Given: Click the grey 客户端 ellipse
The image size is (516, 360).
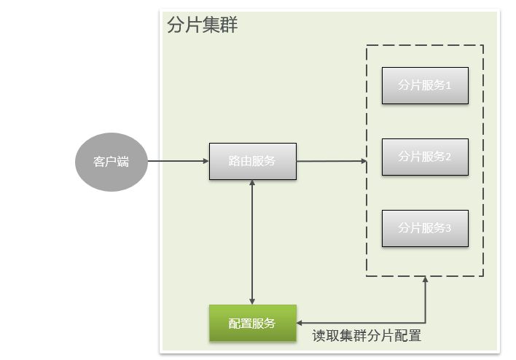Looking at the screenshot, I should point(111,162).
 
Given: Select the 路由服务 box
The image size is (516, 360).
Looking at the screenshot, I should point(252,161).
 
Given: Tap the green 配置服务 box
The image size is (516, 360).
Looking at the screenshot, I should point(252,324).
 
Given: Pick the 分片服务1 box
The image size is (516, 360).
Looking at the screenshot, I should point(425,85).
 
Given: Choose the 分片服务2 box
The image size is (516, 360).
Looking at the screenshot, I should point(425,157).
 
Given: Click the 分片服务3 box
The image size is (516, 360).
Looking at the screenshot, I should point(425,228).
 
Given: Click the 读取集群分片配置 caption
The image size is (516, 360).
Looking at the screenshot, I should point(367,336).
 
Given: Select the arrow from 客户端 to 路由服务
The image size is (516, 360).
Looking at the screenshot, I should point(178,161).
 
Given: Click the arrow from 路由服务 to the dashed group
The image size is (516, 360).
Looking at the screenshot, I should point(331,161).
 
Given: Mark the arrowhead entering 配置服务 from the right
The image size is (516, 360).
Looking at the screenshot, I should point(301,324).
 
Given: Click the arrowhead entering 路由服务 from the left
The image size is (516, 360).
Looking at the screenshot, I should point(206,161).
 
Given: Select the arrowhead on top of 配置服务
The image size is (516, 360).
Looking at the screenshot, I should point(252,300).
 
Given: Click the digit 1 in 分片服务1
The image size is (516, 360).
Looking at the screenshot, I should point(449,85).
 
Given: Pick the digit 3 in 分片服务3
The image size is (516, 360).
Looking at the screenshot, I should point(449,228).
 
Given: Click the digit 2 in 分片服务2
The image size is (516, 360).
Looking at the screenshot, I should point(449,157).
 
